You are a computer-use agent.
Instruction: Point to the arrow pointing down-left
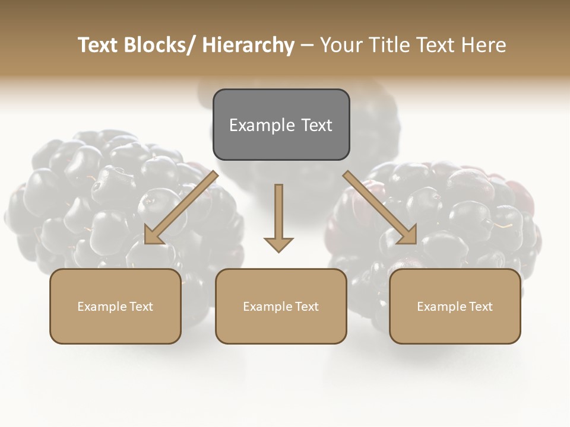[x=181, y=208]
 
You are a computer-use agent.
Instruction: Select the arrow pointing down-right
[x=380, y=208]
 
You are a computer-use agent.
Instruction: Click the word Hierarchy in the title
[x=248, y=45]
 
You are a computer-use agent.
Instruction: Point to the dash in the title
[x=308, y=45]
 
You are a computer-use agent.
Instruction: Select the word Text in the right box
[x=480, y=307]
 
